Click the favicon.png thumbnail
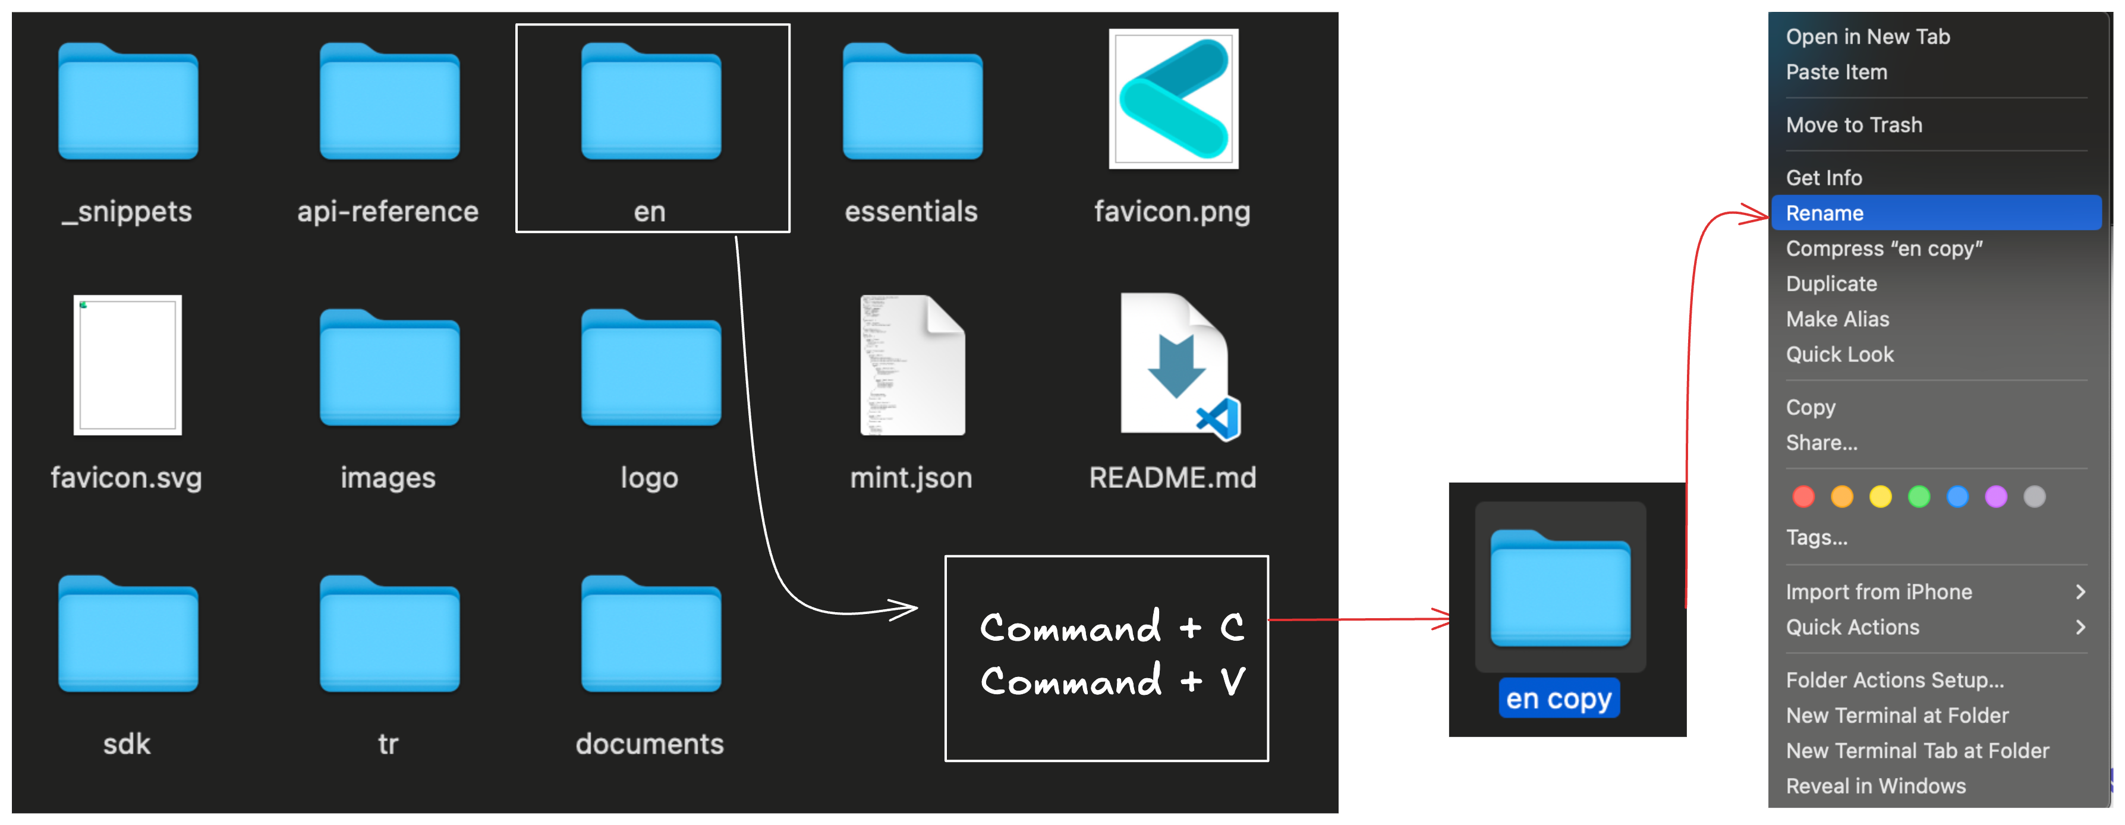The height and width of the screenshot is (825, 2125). coord(1173,99)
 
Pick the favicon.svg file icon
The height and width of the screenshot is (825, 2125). coord(128,364)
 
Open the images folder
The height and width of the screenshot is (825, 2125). coord(389,369)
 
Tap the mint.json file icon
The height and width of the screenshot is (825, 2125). coord(912,364)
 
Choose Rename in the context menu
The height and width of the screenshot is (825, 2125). coord(1825,213)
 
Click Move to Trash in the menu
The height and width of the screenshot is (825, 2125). coord(1853,125)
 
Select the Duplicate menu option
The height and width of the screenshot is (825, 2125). coord(1831,284)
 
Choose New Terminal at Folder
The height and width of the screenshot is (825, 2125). coord(1897,715)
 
